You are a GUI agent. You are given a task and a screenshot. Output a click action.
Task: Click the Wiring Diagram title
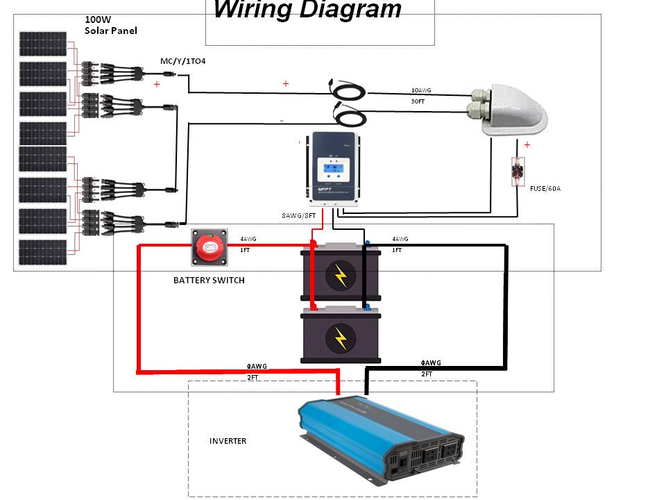[x=307, y=10]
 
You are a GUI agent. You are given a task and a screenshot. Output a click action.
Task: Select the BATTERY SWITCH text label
[x=209, y=281]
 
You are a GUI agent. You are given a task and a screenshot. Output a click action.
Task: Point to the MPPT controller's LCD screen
[x=334, y=169]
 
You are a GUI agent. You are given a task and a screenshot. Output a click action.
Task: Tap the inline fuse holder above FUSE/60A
[x=517, y=171]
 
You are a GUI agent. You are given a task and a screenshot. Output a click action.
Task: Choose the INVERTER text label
[x=228, y=441]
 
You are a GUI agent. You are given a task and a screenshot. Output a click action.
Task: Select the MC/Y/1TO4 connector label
[x=182, y=61]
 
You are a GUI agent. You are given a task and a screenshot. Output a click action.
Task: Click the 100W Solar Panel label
[x=111, y=25]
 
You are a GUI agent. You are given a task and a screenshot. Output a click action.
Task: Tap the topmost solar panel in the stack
[x=43, y=44]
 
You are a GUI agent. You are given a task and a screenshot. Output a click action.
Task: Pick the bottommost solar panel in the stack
[x=43, y=252]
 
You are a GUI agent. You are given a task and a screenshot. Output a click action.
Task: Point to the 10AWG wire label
[x=422, y=91]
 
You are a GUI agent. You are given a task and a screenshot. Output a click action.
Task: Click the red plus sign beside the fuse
[x=527, y=145]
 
